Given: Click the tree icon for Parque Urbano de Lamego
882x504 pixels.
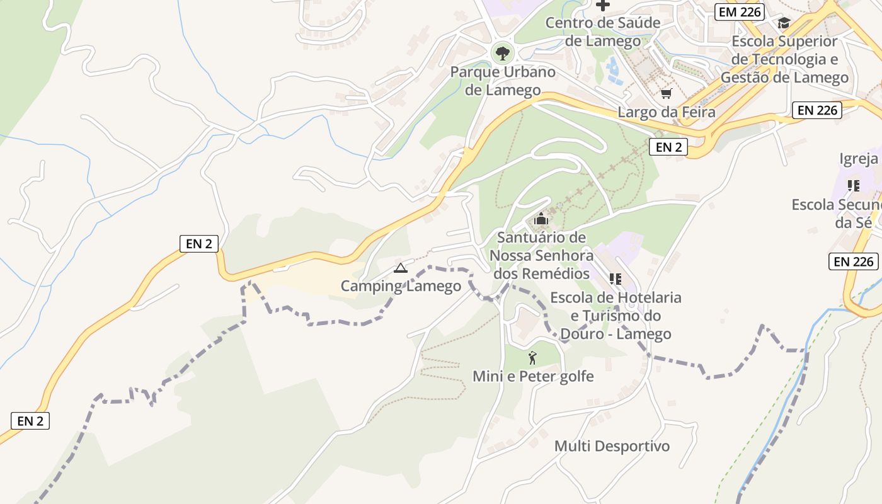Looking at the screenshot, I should point(502,53).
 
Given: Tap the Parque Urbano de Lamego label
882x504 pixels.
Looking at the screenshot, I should point(503,81).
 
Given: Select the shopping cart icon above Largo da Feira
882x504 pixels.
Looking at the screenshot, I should point(666,94).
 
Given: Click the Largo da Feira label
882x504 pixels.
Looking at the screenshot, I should point(667,113).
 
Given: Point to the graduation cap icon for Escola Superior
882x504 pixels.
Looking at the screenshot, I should point(784,23).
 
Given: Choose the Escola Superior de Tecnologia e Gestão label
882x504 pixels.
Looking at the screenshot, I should point(784,59).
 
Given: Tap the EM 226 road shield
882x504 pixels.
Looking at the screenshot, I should point(740,11).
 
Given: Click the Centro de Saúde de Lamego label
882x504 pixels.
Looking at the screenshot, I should point(593,32).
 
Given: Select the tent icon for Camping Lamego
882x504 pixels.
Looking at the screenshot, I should point(400,268).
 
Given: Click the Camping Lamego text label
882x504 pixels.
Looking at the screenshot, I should point(401,286).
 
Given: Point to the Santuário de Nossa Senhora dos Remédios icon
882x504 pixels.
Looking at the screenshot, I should point(541,219).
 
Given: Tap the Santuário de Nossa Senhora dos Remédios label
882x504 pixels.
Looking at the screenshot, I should point(542,256).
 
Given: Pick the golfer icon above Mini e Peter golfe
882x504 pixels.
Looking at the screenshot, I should point(533,358).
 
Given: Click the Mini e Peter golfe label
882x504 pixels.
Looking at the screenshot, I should point(533,377).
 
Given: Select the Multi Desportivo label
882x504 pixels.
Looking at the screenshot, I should point(612,446).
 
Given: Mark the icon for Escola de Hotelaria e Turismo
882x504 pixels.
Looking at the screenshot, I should point(615,278).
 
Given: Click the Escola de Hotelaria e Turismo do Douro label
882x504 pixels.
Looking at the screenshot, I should point(616,315).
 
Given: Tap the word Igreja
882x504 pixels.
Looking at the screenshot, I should point(858,159).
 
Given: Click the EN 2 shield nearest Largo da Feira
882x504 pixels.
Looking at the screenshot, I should point(668,147).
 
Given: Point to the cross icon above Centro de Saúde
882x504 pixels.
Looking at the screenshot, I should point(603,6).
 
